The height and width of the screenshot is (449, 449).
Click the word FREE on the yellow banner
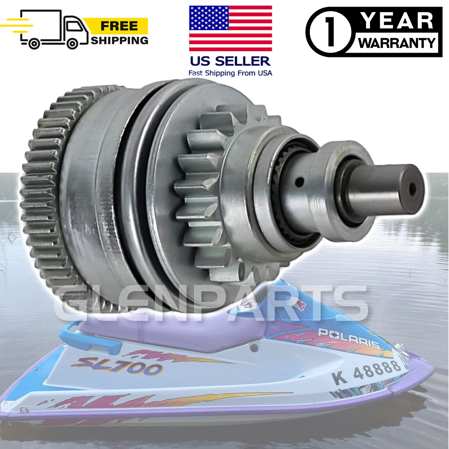[x=119, y=26]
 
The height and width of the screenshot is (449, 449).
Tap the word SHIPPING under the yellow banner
[x=120, y=41]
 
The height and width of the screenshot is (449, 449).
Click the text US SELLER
[x=230, y=61]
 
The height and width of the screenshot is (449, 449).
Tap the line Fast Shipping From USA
[x=230, y=73]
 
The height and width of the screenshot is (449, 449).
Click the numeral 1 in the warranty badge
[x=331, y=32]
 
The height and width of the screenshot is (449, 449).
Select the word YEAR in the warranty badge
[x=397, y=21]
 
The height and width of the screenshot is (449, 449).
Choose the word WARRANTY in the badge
[x=397, y=43]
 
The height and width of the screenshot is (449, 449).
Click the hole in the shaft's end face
[x=412, y=189]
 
